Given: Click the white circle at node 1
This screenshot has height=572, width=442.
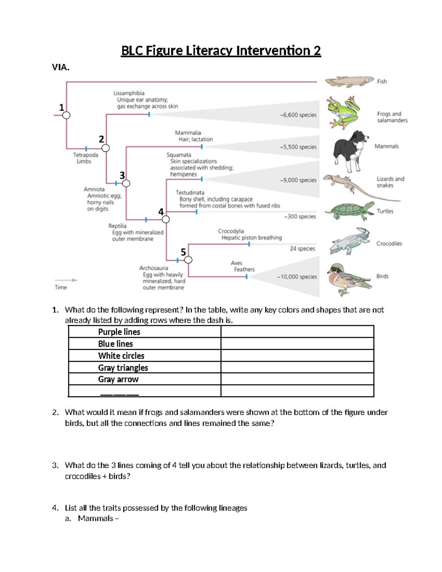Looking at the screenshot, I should click(66, 115).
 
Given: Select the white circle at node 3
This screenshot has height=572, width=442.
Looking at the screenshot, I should click(126, 183).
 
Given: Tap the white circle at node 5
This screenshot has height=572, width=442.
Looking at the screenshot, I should click(188, 260).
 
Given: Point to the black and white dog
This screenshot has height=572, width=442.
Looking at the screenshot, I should click(350, 150).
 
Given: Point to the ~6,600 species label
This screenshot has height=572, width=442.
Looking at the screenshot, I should click(298, 115).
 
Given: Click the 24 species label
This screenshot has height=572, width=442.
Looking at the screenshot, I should click(302, 249).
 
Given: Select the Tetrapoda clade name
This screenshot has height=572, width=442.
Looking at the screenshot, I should click(85, 155).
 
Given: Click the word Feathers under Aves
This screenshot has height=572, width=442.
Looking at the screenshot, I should click(244, 270).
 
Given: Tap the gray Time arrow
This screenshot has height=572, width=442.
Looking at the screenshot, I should click(66, 280).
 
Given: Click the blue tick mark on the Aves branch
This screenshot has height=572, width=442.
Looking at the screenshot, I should click(246, 277).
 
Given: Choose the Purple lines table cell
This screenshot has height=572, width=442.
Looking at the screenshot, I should click(144, 332).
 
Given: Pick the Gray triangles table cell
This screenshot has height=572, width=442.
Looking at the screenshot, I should click(144, 368).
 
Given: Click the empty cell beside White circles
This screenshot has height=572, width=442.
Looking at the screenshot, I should click(297, 356).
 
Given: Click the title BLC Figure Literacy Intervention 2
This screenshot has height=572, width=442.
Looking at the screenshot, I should click(221, 50).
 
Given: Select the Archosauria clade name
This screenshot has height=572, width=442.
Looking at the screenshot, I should click(154, 268).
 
